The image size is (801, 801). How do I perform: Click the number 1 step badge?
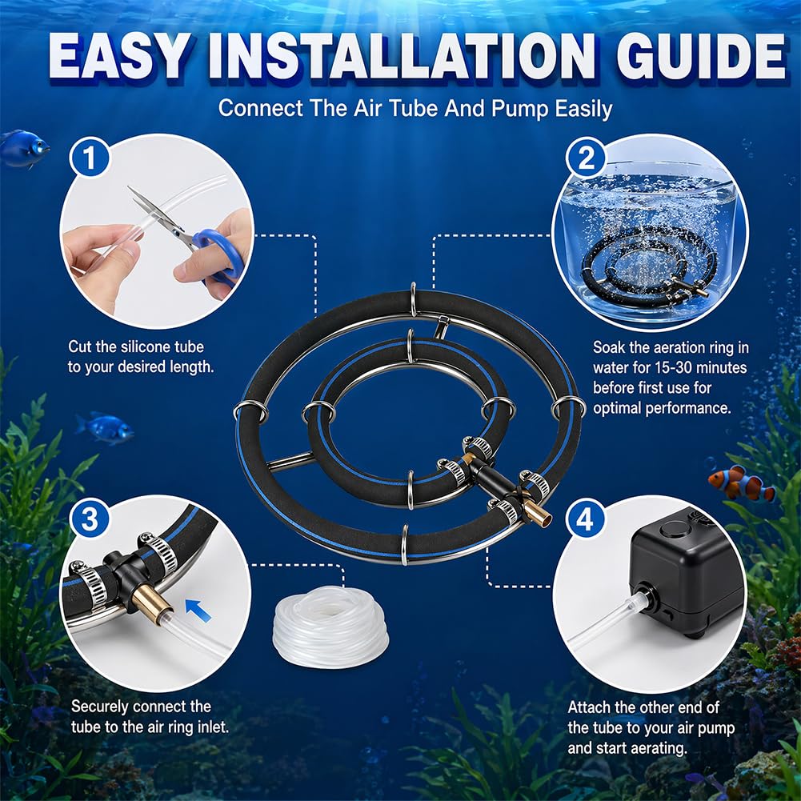tap(90, 158)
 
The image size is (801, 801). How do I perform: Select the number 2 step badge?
tap(586, 158)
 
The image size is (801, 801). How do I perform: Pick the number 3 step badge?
tap(90, 519)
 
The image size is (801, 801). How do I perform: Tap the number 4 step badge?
tap(586, 519)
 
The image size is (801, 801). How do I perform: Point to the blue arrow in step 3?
tap(198, 610)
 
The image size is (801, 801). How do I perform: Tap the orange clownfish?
tap(741, 483)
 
